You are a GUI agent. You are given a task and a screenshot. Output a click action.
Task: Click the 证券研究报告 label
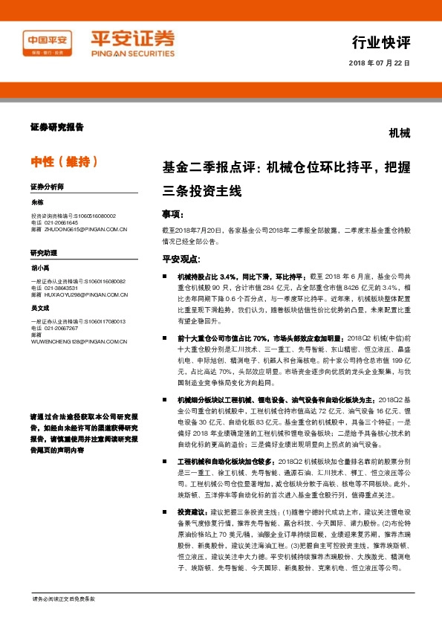point(57,127)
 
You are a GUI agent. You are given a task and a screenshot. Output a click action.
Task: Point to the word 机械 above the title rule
point(399,133)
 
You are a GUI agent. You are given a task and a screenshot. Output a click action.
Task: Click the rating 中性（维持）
point(64,161)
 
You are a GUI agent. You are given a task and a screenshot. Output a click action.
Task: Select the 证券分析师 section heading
point(48,186)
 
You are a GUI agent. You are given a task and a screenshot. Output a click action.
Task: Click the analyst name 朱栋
point(38,202)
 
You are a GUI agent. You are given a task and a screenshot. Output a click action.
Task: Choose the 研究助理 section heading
point(43,253)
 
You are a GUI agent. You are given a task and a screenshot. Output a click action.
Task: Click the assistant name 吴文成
point(41,307)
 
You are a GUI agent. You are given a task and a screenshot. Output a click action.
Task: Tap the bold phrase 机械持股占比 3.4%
point(207,276)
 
